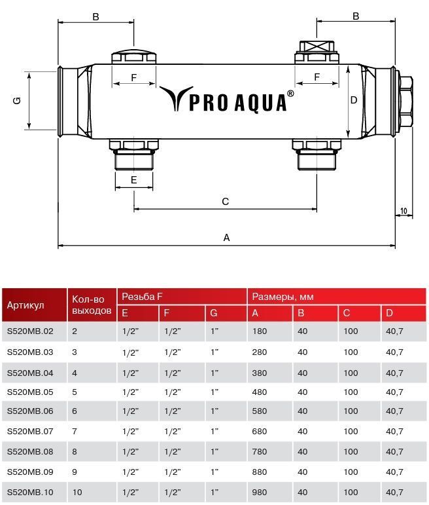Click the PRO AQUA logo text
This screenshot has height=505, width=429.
237,103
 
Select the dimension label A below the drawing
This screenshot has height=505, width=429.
226,238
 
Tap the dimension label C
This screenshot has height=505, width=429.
225,202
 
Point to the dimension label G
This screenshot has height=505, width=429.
17,100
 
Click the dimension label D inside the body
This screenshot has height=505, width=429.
354,100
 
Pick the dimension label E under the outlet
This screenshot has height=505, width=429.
134,179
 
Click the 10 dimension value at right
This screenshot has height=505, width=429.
403,211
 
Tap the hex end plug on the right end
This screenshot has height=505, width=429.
406,102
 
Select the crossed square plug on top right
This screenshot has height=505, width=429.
317,47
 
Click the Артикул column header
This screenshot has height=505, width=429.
26,305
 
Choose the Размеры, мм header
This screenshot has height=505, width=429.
283,297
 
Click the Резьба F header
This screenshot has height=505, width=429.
142,297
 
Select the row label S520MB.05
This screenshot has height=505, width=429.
30,392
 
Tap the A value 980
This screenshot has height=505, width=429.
259,492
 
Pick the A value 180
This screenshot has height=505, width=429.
259,331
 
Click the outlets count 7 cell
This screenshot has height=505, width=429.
75,431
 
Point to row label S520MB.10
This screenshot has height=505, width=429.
30,492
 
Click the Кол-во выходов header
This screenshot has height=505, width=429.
92,305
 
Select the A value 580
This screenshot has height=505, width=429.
259,411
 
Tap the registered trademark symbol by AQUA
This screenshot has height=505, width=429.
290,94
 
